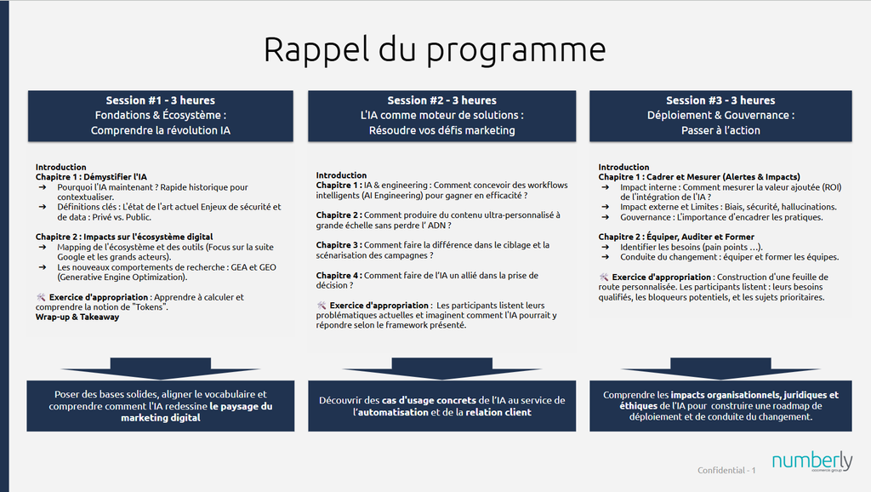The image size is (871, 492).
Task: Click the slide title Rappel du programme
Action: tap(435, 50)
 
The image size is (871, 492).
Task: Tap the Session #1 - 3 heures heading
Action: tap(161, 100)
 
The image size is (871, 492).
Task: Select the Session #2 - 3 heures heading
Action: tap(442, 100)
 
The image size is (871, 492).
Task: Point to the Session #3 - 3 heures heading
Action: tap(720, 100)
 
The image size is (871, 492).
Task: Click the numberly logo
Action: tap(812, 461)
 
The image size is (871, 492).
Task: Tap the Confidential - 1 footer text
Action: tap(726, 471)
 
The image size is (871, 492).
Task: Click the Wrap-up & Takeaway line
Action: tap(77, 317)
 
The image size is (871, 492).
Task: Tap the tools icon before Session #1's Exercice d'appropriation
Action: tap(41, 297)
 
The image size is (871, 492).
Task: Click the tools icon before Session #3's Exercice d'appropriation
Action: tap(604, 277)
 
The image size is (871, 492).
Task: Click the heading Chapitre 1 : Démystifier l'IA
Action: tap(91, 177)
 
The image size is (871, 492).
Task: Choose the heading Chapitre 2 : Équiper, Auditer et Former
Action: tap(676, 237)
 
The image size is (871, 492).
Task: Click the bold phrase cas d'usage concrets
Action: tap(429, 400)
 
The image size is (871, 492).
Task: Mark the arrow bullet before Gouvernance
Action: tap(606, 217)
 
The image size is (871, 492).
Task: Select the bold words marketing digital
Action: tap(161, 417)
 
